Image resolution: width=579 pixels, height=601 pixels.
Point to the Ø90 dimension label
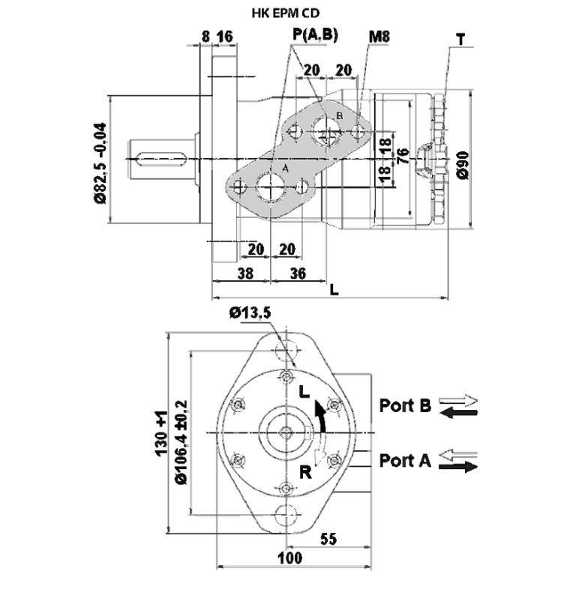463,163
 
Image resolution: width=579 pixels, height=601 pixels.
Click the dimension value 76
403,157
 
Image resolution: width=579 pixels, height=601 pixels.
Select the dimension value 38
244,274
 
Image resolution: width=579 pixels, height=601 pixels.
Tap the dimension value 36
297,274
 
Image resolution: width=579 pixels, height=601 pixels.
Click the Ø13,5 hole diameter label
250,312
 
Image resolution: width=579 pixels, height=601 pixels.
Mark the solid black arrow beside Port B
459,412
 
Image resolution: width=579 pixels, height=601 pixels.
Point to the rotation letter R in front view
305,471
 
